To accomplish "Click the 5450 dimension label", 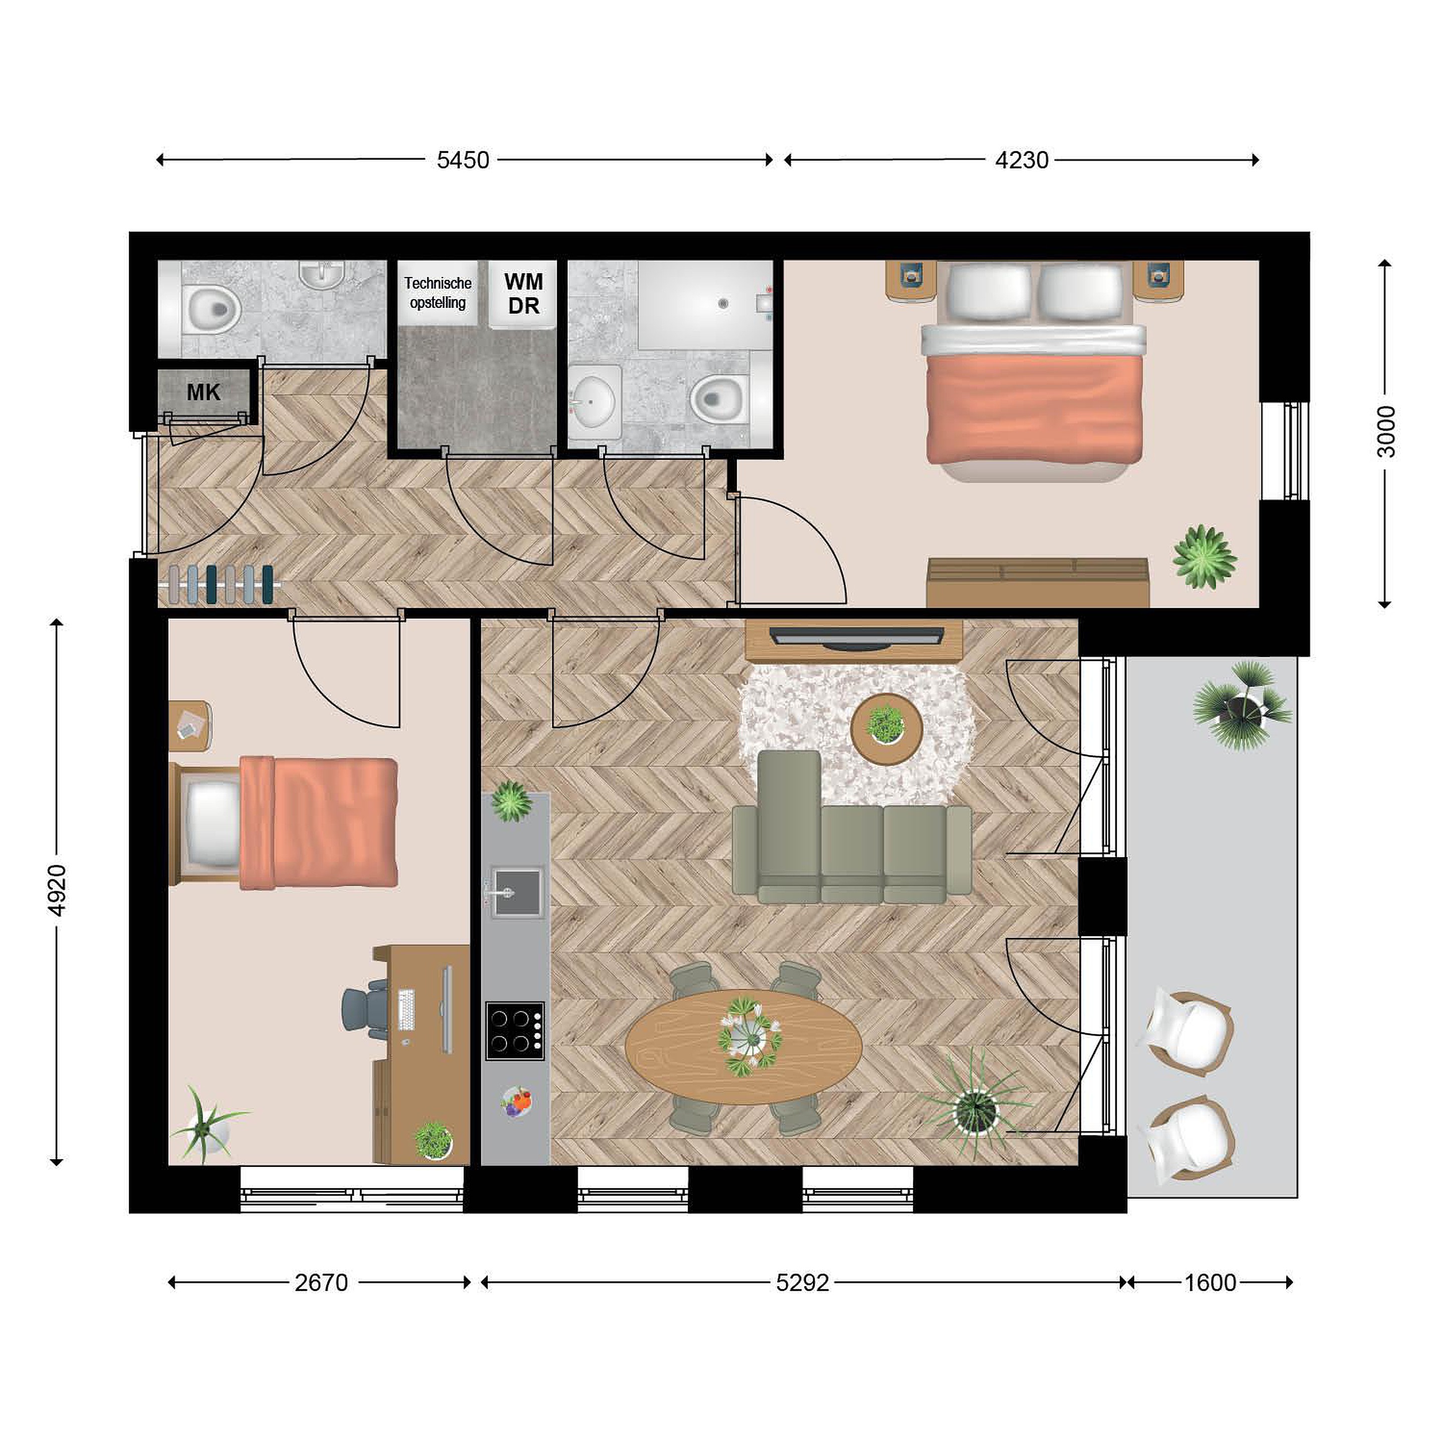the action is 463,160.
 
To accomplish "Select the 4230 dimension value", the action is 1022,160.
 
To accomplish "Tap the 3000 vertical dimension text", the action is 1385,432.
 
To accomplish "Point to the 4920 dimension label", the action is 57,890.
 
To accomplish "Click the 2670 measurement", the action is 321,1283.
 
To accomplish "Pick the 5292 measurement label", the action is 803,1283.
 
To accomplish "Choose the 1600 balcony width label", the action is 1211,1283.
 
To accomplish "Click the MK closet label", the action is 203,392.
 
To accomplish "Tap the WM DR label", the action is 524,294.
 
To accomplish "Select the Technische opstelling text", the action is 438,293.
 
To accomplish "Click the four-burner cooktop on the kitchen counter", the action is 516,1031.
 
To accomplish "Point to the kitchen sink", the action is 516,892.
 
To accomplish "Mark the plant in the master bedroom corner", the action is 1204,557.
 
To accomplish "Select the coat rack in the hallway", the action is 219,584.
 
